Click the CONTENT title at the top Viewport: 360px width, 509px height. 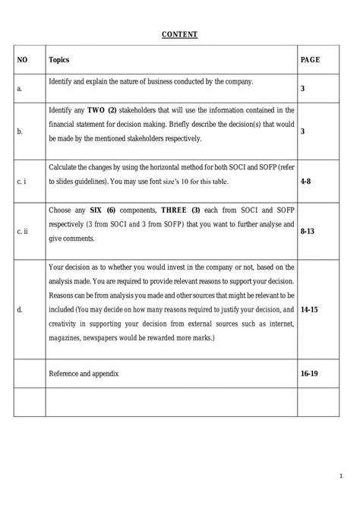(179, 34)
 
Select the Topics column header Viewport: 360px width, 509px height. (59, 59)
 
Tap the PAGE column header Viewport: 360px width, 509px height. (310, 59)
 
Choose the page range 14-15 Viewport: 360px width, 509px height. (309, 311)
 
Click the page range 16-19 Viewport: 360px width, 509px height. (309, 375)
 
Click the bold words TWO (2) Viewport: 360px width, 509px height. (101, 110)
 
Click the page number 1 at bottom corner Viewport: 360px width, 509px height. (341, 477)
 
